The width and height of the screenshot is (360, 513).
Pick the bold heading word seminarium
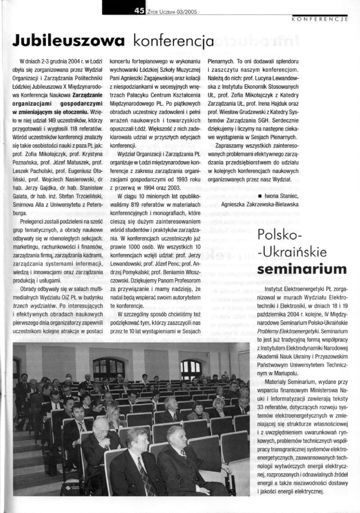coord(302,269)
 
